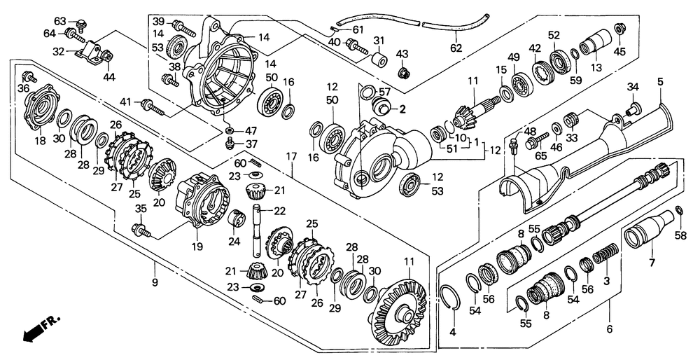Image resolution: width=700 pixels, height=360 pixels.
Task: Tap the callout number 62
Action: [456, 48]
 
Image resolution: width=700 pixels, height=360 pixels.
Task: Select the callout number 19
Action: [198, 247]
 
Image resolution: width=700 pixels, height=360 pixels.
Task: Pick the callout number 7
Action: [652, 263]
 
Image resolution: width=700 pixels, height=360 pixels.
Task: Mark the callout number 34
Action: [632, 87]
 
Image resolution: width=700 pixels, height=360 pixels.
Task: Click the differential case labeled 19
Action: [204, 200]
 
